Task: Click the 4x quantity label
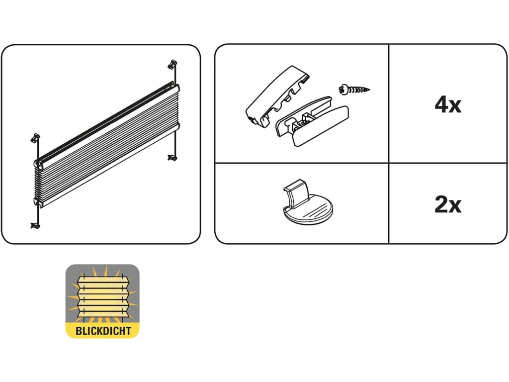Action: [448, 105]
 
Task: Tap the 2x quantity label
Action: [448, 204]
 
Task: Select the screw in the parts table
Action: [354, 91]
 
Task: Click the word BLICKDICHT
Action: [102, 330]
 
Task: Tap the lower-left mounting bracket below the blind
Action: [34, 225]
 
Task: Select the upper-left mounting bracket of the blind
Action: [35, 137]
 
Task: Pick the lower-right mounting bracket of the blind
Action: [172, 158]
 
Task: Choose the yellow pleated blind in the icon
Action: [102, 296]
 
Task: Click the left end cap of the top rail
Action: [38, 162]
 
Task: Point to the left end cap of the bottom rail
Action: [38, 201]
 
